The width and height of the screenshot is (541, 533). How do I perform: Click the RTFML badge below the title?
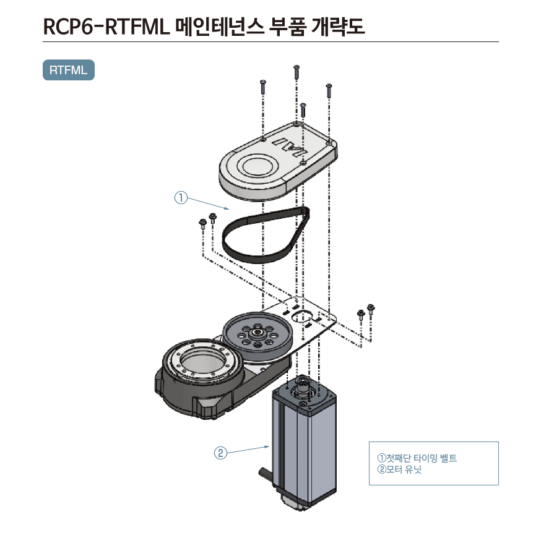(68, 70)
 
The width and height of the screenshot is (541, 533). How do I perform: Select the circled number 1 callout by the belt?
(180, 198)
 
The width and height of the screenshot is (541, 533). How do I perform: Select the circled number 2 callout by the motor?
(220, 453)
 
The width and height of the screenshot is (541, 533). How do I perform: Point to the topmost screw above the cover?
(296, 70)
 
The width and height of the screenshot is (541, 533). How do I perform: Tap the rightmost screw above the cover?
(329, 90)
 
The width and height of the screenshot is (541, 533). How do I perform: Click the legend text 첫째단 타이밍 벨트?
(421, 458)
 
